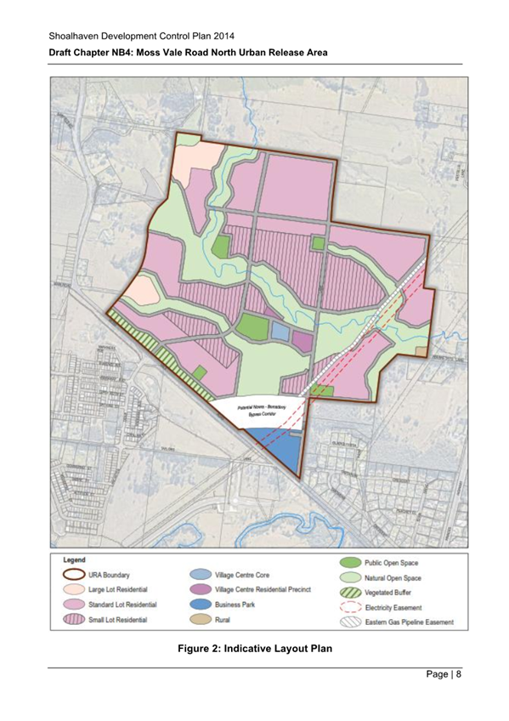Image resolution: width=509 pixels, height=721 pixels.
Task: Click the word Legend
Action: tap(71, 560)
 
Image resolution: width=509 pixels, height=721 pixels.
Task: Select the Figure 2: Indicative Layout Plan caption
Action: tap(254, 650)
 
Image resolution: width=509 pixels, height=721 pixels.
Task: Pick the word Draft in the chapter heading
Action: tap(62, 52)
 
